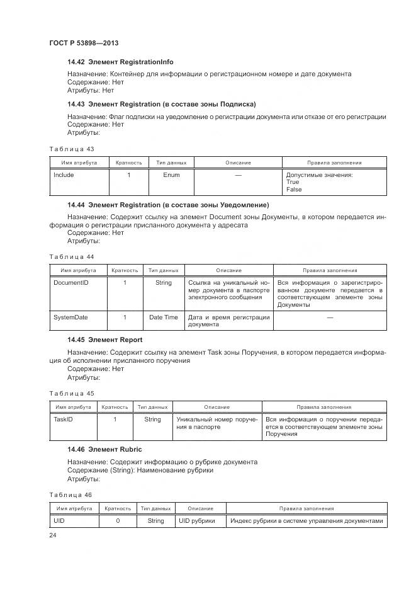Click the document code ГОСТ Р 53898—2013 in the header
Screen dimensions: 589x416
point(84,43)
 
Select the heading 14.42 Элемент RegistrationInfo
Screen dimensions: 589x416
point(120,62)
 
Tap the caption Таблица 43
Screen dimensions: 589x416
point(71,149)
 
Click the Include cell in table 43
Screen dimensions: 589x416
point(64,175)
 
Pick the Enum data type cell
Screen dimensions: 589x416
point(171,175)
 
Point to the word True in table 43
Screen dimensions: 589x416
point(293,182)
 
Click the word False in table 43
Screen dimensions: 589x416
point(294,190)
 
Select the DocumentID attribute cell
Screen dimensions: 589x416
point(70,283)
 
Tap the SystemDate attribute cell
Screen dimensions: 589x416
point(70,317)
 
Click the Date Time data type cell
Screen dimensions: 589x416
point(163,317)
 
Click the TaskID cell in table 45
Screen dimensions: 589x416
point(63,420)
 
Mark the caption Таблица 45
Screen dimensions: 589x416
point(71,393)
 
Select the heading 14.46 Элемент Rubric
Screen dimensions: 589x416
point(104,449)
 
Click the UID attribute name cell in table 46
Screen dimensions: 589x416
point(59,521)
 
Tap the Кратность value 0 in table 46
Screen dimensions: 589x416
point(118,521)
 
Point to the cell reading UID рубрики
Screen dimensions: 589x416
point(196,521)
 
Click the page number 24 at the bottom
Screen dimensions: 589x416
point(53,535)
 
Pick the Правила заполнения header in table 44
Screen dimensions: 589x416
point(330,270)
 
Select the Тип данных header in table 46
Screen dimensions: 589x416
point(155,508)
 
